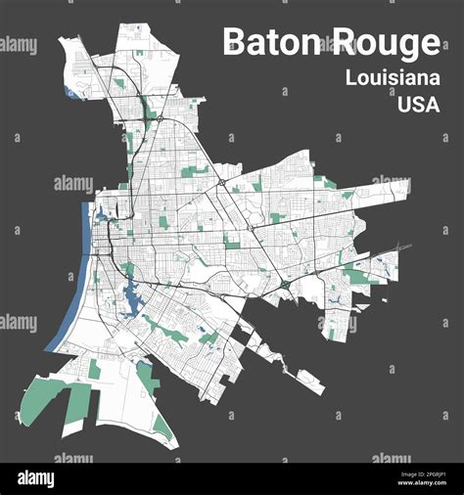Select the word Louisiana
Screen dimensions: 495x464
tap(392, 78)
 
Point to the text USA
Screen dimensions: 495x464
tap(418, 104)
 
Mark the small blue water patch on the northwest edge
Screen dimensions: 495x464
tap(70, 93)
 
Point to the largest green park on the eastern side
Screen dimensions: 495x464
tap(358, 277)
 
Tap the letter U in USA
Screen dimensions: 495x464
tap(404, 104)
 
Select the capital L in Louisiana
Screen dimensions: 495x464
tap(350, 78)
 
